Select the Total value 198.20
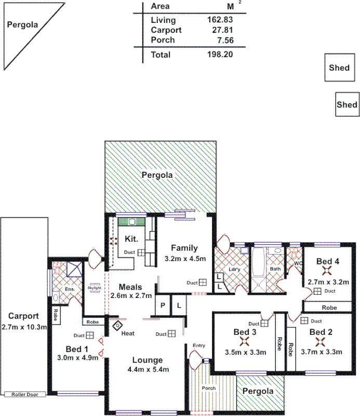pyautogui.click(x=220, y=55)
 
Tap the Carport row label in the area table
pyautogui.click(x=166, y=30)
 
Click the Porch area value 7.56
pyautogui.click(x=224, y=40)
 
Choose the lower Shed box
pyautogui.click(x=347, y=105)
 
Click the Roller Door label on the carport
pyautogui.click(x=25, y=395)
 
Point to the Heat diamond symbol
pyautogui.click(x=118, y=326)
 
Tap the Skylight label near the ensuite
pyautogui.click(x=94, y=287)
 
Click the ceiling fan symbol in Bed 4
pyautogui.click(x=327, y=270)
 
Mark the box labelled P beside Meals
pyautogui.click(x=162, y=306)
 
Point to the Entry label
pyautogui.click(x=198, y=345)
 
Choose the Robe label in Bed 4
pyautogui.click(x=329, y=307)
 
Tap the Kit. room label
pyautogui.click(x=130, y=239)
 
